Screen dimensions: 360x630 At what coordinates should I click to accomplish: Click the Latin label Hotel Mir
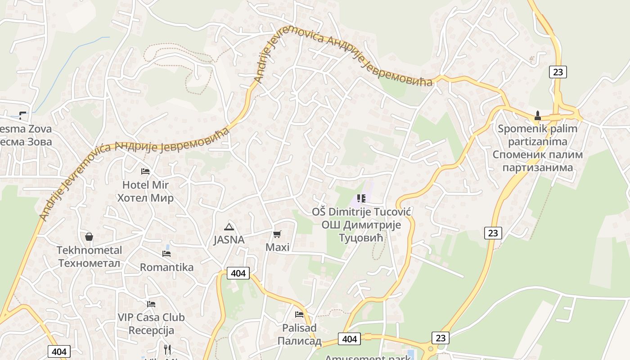145,185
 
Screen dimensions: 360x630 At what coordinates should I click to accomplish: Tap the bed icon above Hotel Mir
145,171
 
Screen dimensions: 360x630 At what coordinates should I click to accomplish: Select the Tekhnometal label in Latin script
89,250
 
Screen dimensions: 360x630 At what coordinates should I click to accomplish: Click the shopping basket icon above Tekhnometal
89,237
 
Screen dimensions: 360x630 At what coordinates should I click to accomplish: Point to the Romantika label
166,267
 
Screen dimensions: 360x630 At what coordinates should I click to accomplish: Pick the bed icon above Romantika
166,254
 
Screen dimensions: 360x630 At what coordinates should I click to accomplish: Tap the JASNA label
229,240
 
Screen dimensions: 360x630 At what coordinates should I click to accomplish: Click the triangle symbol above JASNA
229,227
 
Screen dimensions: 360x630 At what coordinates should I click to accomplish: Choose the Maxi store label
277,247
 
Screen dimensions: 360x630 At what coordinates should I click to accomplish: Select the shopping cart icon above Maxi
277,234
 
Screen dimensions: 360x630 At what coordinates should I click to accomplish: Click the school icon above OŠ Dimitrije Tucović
361,198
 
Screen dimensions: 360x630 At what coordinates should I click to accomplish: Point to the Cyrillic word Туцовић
361,238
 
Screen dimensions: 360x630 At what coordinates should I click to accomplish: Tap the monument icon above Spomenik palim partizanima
537,116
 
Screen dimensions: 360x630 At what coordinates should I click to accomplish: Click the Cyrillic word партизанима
537,168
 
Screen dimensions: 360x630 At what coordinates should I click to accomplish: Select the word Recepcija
151,330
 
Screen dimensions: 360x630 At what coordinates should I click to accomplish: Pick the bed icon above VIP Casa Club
151,304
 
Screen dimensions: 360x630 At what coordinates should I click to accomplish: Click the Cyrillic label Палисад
299,341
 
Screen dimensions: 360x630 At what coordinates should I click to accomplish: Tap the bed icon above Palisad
299,314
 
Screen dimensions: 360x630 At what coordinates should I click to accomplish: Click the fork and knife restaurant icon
167,350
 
